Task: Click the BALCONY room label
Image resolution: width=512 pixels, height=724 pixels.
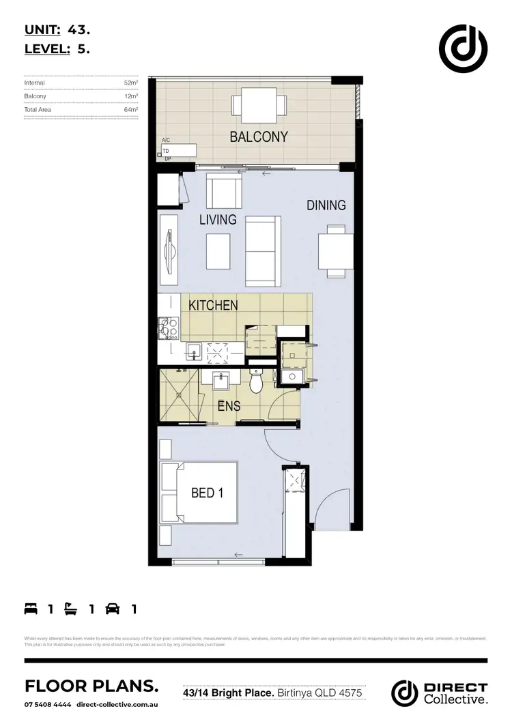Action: [259, 136]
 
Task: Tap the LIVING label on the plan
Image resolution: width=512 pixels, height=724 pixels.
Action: [218, 220]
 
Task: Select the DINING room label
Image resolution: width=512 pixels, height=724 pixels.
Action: [326, 205]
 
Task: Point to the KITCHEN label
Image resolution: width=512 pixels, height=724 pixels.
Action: [213, 305]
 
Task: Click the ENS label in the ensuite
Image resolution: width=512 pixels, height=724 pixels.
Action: [228, 406]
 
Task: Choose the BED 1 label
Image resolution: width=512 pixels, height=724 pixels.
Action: [203, 492]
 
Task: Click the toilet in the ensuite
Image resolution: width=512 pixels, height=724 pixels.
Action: [257, 383]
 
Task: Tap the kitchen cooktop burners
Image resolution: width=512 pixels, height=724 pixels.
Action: [168, 328]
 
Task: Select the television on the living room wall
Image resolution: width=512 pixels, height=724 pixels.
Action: [169, 250]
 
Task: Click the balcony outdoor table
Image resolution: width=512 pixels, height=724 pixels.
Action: [259, 105]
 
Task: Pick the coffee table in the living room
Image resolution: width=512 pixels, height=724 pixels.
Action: [218, 251]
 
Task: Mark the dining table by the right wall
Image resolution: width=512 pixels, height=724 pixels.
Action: [336, 250]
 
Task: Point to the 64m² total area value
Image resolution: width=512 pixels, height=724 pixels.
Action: [131, 109]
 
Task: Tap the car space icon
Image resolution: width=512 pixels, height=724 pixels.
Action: [113, 609]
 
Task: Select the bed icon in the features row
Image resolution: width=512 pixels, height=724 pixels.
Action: [31, 609]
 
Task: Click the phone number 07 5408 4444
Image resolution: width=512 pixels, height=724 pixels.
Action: [48, 704]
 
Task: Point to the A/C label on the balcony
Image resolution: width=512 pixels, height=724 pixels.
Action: [165, 140]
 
